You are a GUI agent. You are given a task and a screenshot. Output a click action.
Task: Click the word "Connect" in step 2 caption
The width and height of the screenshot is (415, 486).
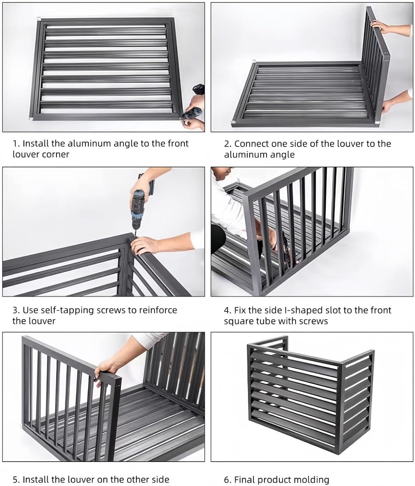pyautogui.click(x=252, y=144)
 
